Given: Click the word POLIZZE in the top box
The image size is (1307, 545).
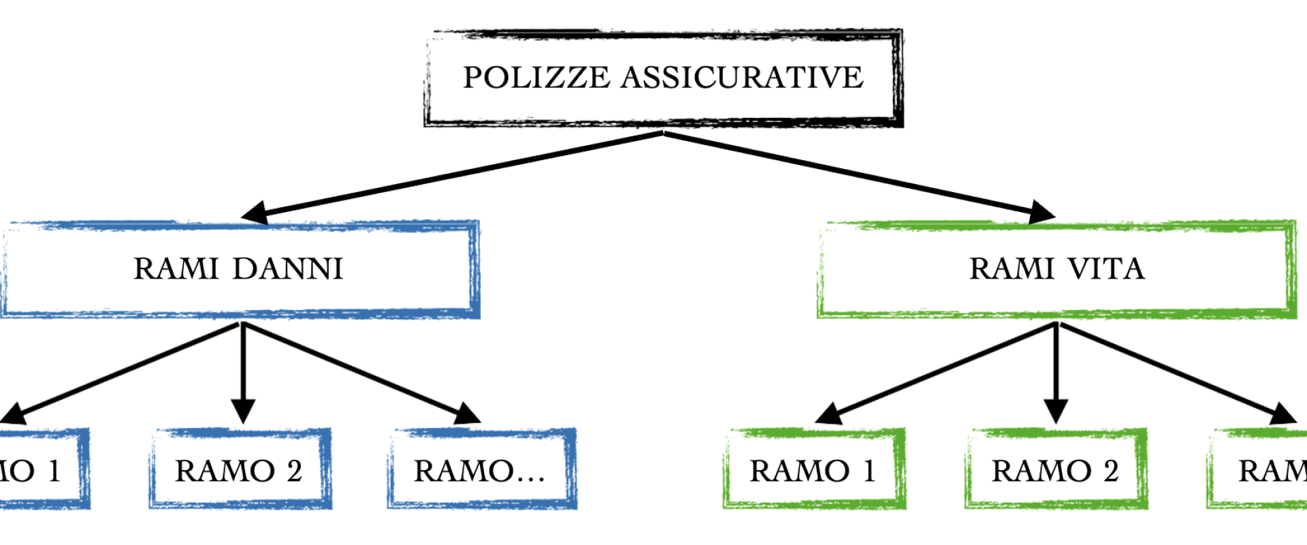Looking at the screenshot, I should [536, 78].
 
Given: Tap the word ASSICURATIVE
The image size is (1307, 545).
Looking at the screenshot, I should [742, 78].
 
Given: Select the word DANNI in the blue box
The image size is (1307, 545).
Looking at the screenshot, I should [288, 269].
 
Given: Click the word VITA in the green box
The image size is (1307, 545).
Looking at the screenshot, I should [1106, 269].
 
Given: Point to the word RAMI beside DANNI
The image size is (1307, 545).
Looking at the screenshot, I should [176, 269].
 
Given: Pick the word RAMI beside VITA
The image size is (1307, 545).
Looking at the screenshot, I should [1012, 269].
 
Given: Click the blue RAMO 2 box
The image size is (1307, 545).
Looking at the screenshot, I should [240, 469].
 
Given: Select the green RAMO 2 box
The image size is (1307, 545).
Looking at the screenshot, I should [1056, 469].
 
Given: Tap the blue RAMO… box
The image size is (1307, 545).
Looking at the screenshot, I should [482, 469].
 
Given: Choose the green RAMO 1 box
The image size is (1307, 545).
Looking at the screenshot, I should [814, 469].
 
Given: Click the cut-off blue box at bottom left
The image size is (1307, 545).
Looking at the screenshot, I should [41, 469].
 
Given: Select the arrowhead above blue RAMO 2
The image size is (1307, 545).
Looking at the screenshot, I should [243, 411].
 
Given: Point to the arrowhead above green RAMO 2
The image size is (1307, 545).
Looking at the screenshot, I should [1056, 411].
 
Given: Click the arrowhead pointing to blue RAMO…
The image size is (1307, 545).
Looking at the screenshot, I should [468, 414].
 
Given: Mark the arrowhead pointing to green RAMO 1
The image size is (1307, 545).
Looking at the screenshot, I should [828, 414].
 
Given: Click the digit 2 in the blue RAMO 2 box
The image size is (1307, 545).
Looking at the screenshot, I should [294, 471].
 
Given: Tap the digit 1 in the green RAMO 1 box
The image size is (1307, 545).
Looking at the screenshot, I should [869, 471].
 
